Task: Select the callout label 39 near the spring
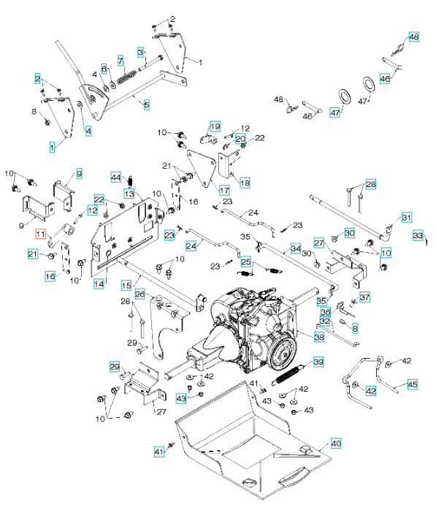[318, 362]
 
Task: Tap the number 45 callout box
[413, 384]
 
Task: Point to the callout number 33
[418, 236]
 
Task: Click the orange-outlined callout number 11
[41, 233]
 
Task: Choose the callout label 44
[115, 177]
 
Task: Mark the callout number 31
[407, 217]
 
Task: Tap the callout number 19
[215, 127]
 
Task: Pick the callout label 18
[244, 183]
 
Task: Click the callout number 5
[146, 105]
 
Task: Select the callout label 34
[295, 248]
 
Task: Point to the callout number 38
[319, 338]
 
